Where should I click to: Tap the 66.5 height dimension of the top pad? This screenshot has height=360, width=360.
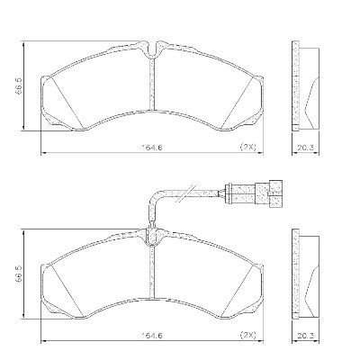(19, 86)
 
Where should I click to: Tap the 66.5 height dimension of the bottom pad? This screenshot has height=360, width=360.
(19, 274)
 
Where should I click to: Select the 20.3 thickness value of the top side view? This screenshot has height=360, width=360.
(305, 148)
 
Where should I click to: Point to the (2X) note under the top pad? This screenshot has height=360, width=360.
(247, 147)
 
